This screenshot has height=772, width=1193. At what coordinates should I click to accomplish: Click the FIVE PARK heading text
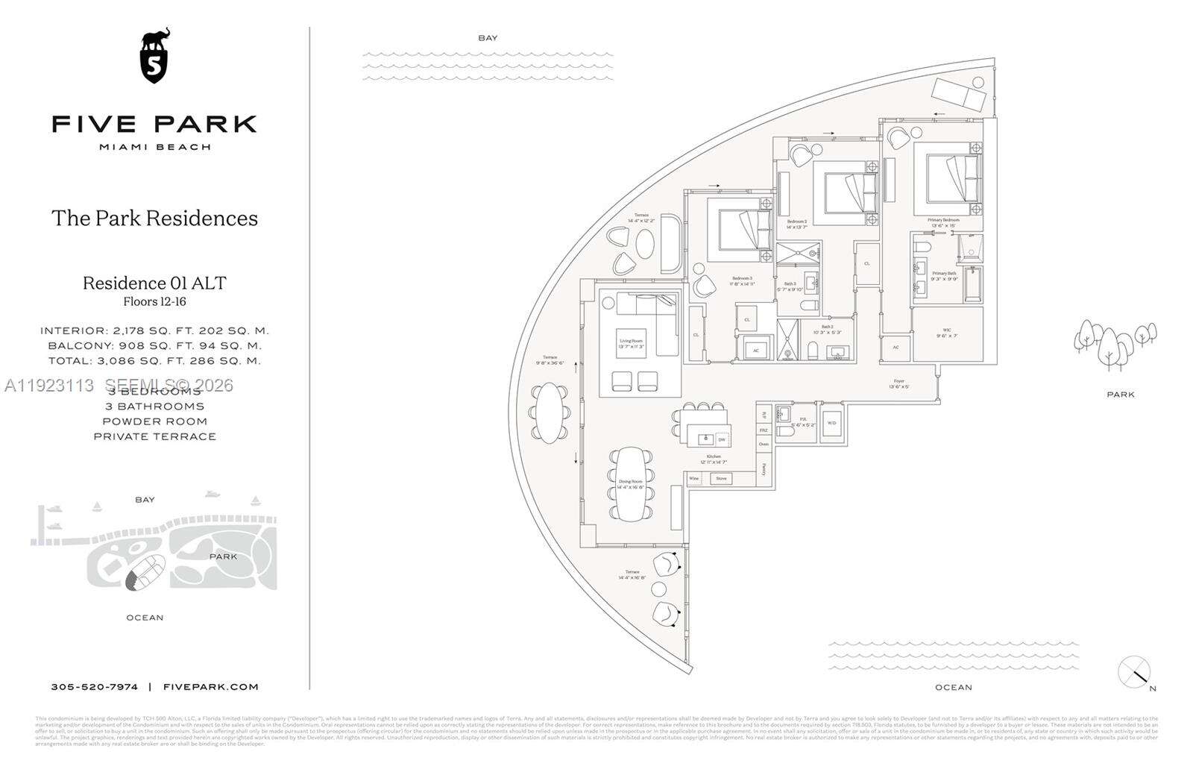coord(154,124)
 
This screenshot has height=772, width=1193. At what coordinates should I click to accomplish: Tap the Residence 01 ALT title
coord(154,283)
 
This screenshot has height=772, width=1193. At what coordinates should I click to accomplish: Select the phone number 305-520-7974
coord(94,687)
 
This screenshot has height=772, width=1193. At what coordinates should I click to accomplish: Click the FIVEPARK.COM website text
coord(210,687)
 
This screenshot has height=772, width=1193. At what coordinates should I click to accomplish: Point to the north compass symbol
coord(1135,672)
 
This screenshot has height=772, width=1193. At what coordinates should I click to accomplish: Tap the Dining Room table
coord(631,483)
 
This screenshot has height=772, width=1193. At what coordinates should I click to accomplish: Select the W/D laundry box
coord(831,424)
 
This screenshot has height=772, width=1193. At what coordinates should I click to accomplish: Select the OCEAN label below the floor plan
coord(954,688)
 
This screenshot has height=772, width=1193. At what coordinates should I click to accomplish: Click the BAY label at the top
coord(488,38)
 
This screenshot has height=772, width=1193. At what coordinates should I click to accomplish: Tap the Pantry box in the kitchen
coord(764,470)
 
